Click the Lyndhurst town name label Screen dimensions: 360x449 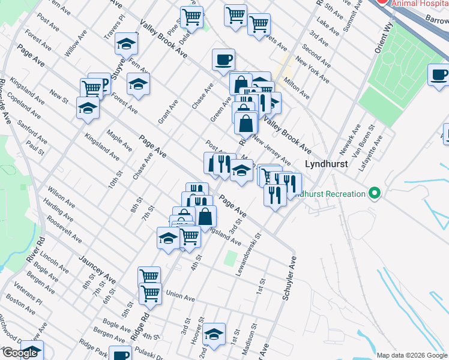click(327, 163)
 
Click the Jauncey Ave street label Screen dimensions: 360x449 click(97, 269)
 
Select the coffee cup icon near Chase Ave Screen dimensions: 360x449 click(223, 59)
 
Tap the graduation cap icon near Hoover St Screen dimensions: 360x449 click(213, 334)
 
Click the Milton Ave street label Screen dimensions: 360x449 click(297, 89)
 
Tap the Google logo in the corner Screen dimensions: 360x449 click(20, 353)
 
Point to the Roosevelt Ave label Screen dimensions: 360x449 click(64, 230)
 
